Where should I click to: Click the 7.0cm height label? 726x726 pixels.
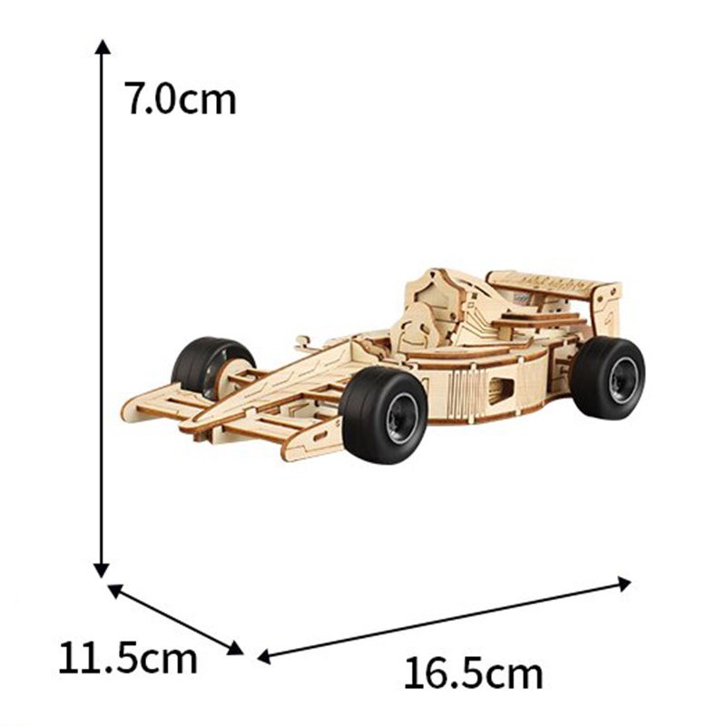coord(180,98)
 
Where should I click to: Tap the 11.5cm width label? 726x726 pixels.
coord(128,657)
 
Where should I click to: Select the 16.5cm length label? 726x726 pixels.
coord(473,673)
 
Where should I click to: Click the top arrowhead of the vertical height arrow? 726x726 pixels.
coord(103,46)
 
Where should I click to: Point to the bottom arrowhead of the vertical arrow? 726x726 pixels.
coord(102,571)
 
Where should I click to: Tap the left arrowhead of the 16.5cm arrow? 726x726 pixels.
coord(264,656)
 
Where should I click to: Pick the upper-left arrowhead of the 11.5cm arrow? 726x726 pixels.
coord(115,591)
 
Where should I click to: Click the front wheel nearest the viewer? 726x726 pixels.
coord(383,415)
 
